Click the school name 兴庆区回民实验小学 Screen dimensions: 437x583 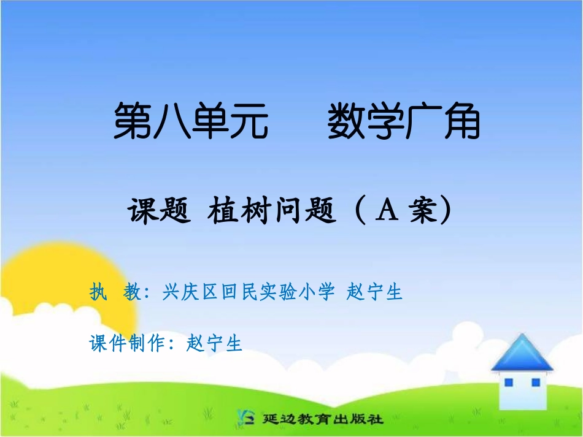tap(249, 292)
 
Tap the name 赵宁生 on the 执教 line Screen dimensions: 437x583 tap(374, 292)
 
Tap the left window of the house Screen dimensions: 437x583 tap(508, 382)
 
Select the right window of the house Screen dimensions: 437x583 tap(535, 382)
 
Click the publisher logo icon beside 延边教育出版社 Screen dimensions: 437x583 tap(246, 419)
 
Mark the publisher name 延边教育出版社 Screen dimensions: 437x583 tap(322, 420)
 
